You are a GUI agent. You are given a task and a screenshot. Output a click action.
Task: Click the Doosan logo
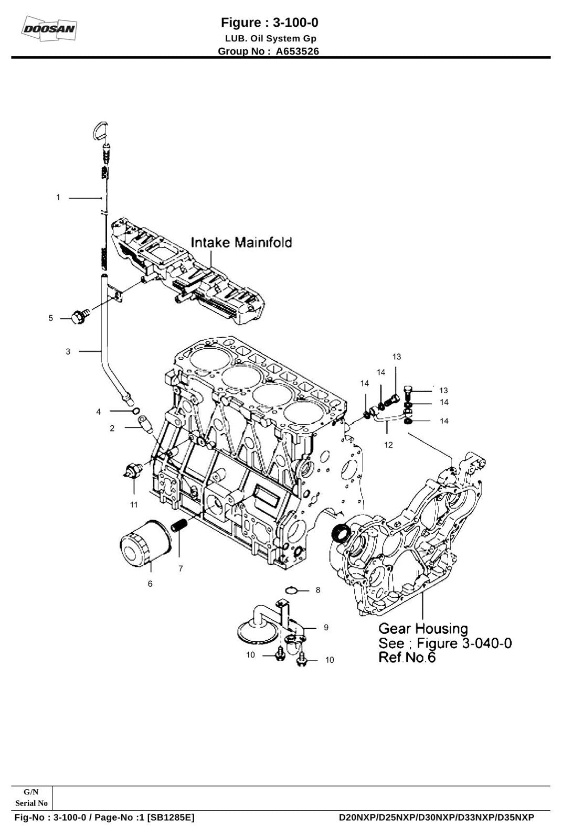point(49,28)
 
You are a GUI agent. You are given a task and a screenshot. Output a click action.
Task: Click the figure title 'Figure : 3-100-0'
point(270,23)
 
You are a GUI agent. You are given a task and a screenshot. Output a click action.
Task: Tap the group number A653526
point(298,51)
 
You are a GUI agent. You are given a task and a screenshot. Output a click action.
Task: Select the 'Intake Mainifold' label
point(241,242)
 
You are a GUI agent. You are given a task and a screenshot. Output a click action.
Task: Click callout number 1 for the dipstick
point(58,197)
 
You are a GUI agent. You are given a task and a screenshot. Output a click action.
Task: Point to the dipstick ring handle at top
point(100,131)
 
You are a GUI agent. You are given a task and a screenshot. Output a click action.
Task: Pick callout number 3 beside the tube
point(68,352)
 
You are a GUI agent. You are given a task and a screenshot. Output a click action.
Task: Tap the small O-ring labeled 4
point(136,412)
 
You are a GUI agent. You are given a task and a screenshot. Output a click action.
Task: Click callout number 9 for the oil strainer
point(326,627)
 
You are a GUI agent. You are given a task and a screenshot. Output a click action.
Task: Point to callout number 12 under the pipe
point(388,445)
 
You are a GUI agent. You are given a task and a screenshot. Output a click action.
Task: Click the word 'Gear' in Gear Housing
point(394,629)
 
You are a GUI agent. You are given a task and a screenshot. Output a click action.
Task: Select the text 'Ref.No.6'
point(407,657)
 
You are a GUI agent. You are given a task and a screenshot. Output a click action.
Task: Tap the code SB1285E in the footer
point(171,818)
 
